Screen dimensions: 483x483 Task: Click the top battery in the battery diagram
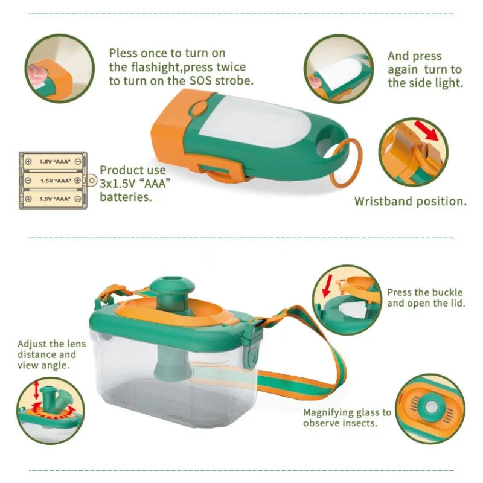point(52,161)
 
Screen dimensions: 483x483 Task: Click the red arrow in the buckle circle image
point(328,285)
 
